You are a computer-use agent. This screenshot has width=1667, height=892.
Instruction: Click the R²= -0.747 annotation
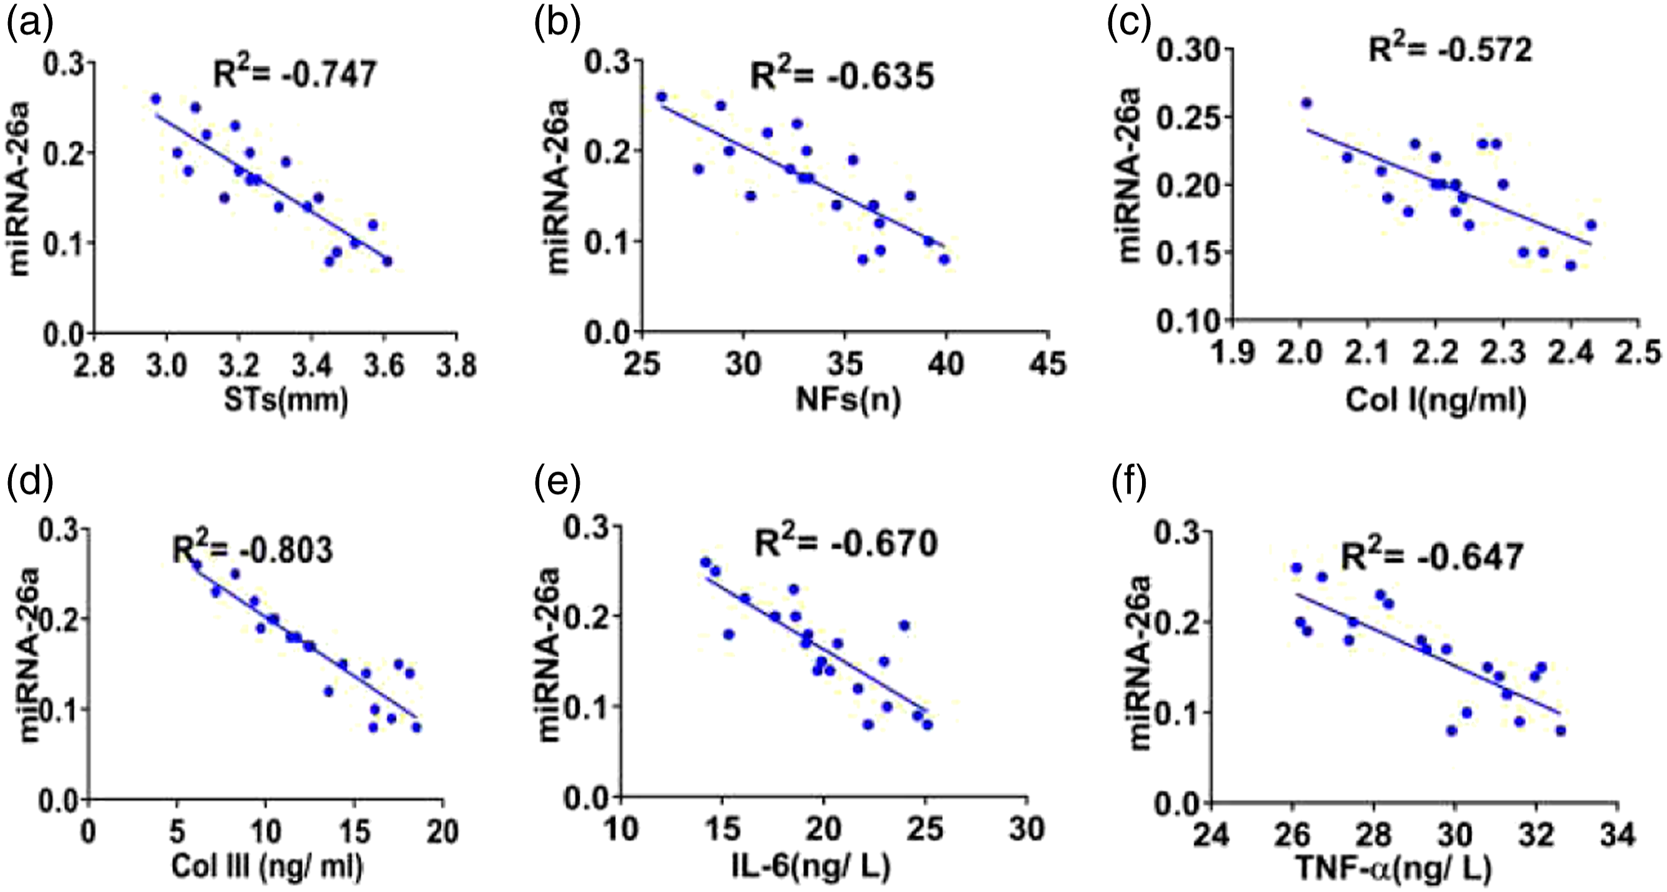294,73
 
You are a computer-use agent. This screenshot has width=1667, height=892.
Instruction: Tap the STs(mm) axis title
286,400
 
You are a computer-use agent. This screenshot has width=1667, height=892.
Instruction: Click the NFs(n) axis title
848,400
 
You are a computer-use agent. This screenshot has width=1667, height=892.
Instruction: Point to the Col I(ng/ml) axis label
1436,400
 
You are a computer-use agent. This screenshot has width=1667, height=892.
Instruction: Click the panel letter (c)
1129,24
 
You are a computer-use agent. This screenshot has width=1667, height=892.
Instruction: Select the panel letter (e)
557,481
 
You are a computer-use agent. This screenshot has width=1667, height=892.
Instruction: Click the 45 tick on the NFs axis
1047,364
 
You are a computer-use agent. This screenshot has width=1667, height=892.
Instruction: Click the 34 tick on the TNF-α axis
1617,835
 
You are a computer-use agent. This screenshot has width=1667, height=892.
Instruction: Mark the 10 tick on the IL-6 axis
621,829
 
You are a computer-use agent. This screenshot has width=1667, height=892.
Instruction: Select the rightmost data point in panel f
1560,731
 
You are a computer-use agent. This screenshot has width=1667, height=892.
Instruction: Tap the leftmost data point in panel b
661,96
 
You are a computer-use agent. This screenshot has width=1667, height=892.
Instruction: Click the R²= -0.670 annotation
846,544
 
